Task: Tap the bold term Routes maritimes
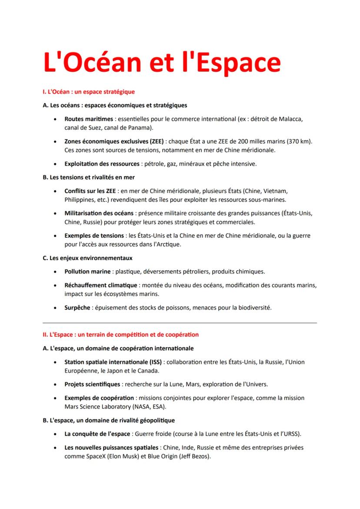89,119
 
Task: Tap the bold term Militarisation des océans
99,213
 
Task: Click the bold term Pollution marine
87,272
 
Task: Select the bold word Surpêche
77,308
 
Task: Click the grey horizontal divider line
180,323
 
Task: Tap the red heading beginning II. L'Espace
120,335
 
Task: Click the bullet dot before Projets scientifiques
54,384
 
